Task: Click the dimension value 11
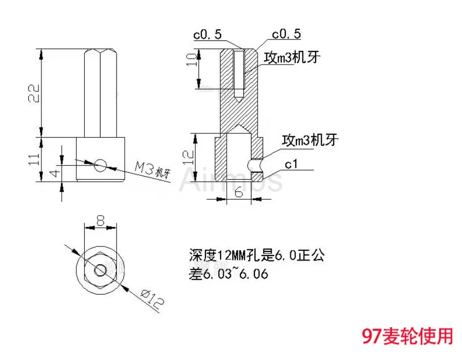click(x=33, y=160)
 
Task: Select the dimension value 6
click(x=239, y=192)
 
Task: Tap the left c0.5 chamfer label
click(x=207, y=34)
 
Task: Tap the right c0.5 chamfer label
click(x=286, y=34)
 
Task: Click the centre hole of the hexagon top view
click(x=100, y=269)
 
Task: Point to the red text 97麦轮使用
click(x=407, y=335)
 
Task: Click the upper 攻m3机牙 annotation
click(x=293, y=58)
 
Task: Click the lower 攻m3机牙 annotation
click(x=310, y=140)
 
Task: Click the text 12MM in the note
click(x=235, y=255)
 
